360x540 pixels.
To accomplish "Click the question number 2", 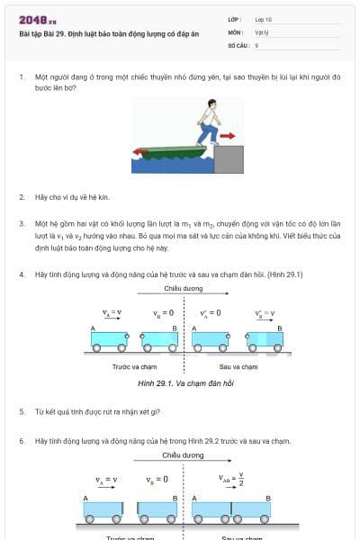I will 21,196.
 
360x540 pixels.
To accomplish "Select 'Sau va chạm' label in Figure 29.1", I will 238,366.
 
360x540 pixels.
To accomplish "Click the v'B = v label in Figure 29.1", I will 265,314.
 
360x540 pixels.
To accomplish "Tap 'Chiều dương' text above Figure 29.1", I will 184,289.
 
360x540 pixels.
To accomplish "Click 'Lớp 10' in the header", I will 264,18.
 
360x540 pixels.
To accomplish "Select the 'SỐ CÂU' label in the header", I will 238,44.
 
